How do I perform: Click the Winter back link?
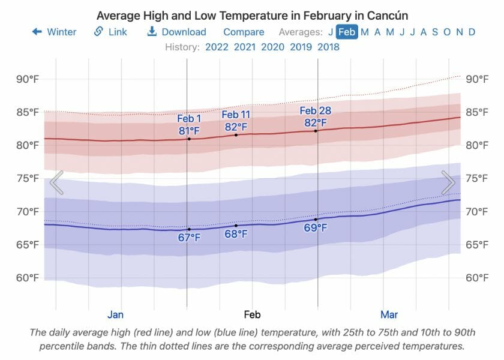pos(55,32)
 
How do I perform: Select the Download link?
pos(176,32)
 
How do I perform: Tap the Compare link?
pos(244,32)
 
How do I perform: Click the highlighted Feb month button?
pos(347,32)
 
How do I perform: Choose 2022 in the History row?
pos(217,47)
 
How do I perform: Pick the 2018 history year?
pos(328,47)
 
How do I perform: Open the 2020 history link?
pos(273,47)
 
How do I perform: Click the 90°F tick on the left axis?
pos(28,79)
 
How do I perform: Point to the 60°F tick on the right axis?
pos(479,278)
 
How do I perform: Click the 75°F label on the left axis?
pos(28,178)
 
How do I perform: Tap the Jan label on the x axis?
pos(116,314)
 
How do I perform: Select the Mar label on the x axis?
pos(389,314)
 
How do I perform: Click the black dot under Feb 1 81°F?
pos(189,139)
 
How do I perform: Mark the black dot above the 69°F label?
pos(316,220)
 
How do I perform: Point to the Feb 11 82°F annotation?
pos(236,121)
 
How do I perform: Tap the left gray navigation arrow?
pos(56,182)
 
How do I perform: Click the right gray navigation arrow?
pos(448,182)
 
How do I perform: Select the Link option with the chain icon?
pos(110,32)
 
